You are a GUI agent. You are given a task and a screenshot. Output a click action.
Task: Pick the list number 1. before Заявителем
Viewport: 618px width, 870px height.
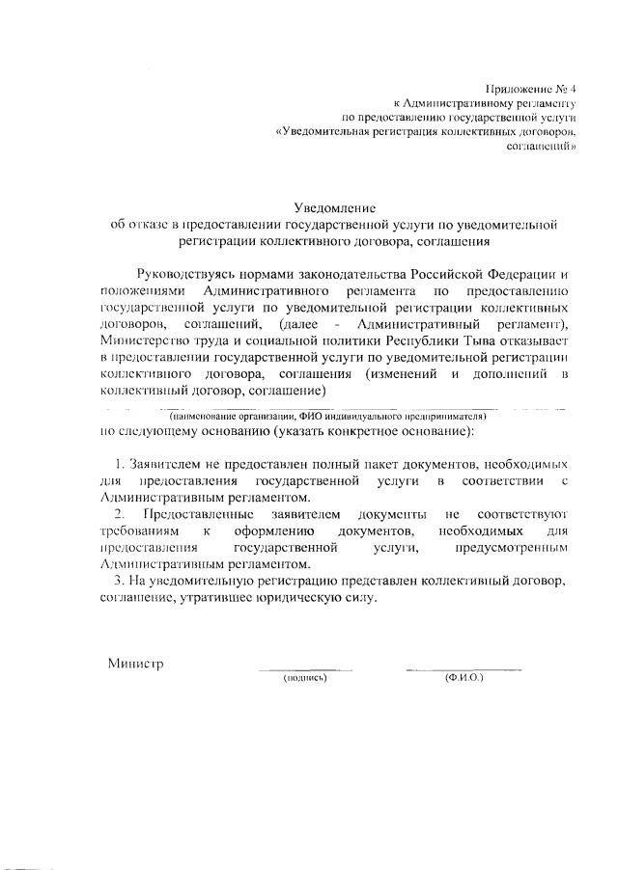tap(121, 464)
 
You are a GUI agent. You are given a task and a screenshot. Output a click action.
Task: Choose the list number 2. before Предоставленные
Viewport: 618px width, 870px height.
tap(121, 515)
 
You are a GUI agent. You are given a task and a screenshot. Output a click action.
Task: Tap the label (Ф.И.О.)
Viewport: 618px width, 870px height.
tap(463, 679)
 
